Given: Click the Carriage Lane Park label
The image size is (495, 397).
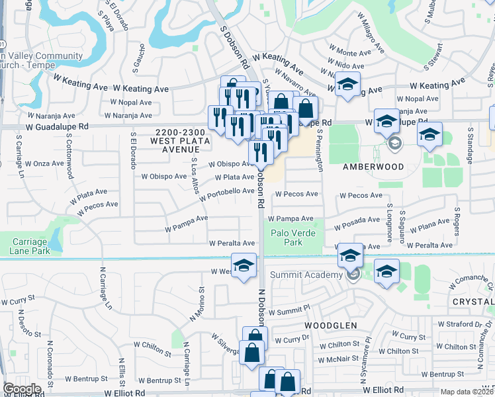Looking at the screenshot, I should click(30, 246).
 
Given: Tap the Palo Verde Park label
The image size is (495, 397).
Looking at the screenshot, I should click(291, 238).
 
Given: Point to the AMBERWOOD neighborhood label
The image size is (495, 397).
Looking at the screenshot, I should click(373, 167).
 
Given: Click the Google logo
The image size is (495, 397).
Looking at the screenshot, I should click(22, 389).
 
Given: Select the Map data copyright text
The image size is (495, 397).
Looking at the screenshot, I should click(467, 392).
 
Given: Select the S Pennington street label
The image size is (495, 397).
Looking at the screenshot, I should click(320, 150).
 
